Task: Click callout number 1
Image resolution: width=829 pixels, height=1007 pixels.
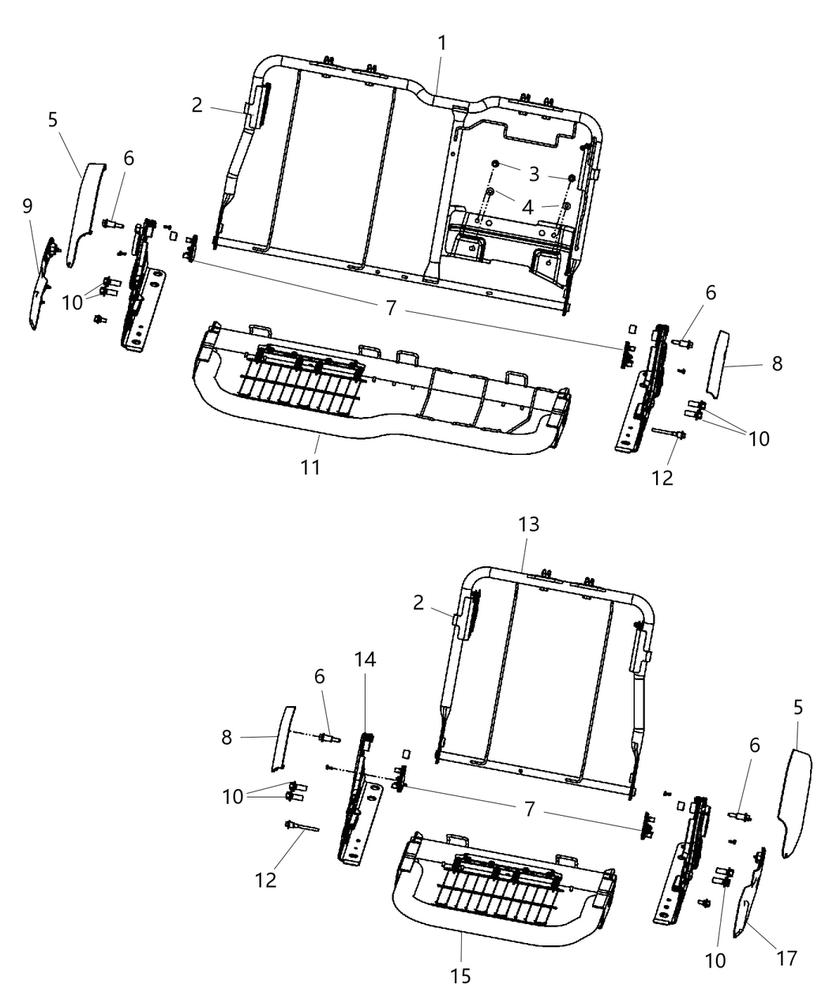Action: tap(442, 43)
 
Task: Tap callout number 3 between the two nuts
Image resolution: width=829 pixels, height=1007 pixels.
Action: tap(535, 175)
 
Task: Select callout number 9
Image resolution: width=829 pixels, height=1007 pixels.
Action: tap(28, 207)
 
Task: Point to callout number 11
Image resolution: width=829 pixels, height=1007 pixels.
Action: tap(311, 467)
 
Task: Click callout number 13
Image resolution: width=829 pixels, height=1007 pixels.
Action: tap(528, 524)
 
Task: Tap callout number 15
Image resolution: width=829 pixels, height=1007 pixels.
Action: tap(461, 976)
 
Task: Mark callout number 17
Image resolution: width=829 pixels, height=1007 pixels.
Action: tap(786, 958)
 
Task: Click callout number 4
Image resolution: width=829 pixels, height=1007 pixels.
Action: tap(527, 207)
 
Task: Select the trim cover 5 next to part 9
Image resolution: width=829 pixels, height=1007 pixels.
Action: tap(83, 213)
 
